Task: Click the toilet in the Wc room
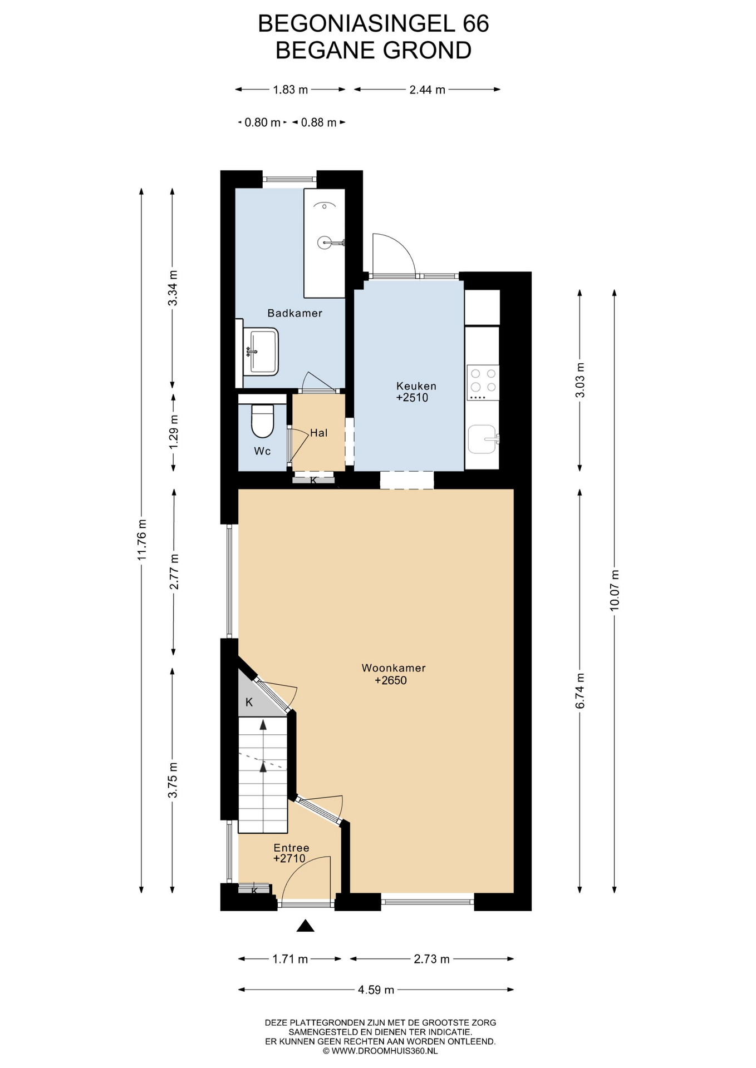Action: pos(263,422)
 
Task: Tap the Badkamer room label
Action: pos(295,313)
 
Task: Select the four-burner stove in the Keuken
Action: pos(483,382)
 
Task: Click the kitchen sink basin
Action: pos(482,439)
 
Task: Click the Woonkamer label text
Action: pos(394,668)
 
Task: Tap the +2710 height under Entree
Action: pos(289,858)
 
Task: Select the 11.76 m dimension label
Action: pos(142,540)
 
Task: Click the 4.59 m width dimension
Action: pos(376,990)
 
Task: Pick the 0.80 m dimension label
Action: pos(262,122)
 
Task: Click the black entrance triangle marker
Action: pos(306,926)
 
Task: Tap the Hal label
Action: pos(319,433)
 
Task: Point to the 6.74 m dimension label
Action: pos(580,690)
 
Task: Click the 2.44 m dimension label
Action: pos(428,90)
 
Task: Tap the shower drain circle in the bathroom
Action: pos(324,243)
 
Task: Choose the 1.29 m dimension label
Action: pos(174,432)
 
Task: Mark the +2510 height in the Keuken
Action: pos(412,398)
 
